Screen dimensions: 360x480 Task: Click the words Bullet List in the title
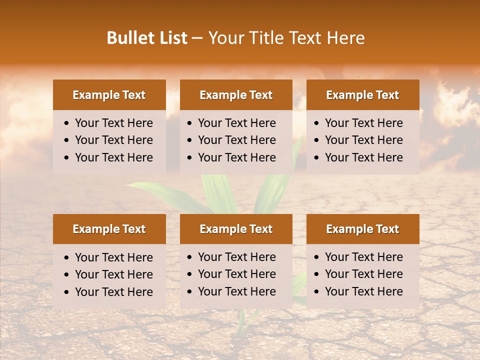(147, 38)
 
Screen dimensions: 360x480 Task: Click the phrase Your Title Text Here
(286, 38)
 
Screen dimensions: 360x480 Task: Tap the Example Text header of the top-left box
(109, 95)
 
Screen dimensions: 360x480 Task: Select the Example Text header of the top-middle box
(236, 95)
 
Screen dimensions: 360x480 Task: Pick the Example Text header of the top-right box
(362, 95)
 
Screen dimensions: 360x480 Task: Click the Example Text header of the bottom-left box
(109, 229)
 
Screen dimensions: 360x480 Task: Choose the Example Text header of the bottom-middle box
(236, 229)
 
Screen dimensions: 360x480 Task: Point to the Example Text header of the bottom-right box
(362, 229)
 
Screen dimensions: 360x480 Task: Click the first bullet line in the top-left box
(114, 123)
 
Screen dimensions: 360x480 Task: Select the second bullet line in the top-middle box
(237, 140)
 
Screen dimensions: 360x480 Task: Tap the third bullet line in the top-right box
(364, 157)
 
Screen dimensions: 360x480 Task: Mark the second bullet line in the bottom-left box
(114, 274)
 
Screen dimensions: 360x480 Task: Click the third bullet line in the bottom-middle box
(237, 291)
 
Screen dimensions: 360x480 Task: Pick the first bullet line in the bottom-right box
(364, 257)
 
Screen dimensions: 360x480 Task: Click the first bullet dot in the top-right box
(317, 123)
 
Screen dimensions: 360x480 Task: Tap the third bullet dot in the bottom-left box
(67, 292)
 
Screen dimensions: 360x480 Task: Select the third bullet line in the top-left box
(114, 157)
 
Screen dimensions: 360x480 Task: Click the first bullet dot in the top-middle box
(190, 123)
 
